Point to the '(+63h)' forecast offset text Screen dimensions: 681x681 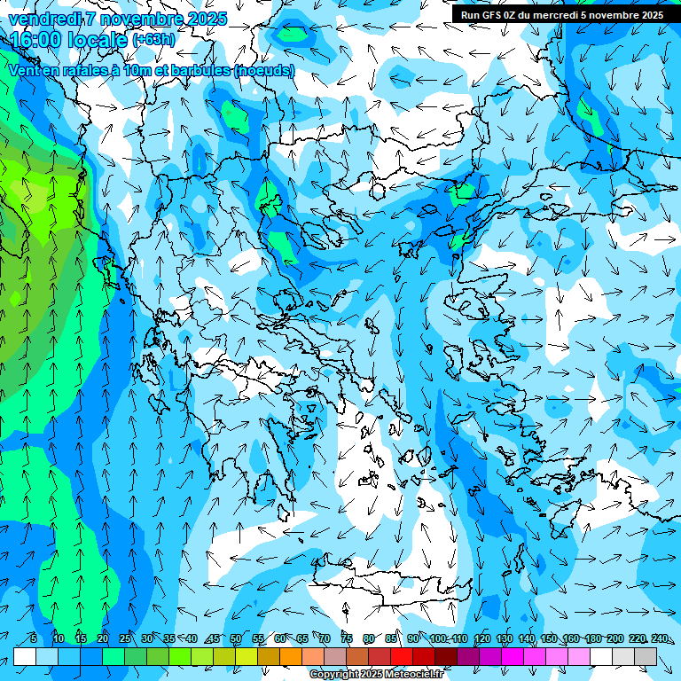[153, 40]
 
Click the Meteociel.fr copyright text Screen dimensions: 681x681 [377, 675]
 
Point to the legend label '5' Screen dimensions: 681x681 [34, 639]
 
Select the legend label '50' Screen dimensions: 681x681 [236, 639]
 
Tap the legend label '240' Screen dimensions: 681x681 [660, 639]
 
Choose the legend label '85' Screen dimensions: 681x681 [391, 639]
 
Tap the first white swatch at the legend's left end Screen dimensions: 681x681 [24, 656]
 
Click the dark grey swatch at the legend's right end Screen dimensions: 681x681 [646, 656]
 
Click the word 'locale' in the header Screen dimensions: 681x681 [97, 40]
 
